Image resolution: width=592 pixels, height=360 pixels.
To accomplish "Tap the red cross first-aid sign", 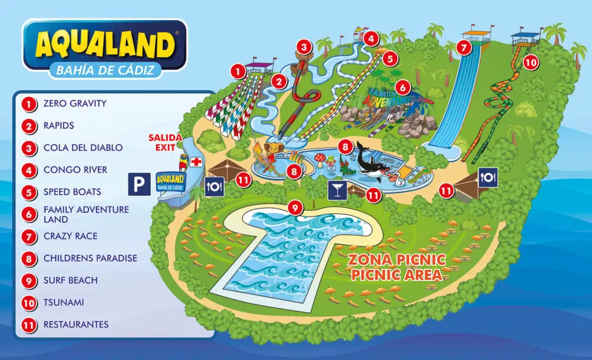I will [x=197, y=162].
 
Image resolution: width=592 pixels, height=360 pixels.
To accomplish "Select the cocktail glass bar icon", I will [x=336, y=191].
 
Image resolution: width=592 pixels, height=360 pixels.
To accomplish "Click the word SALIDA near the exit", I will [x=165, y=138].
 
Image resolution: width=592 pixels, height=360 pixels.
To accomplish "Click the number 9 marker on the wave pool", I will [x=295, y=207].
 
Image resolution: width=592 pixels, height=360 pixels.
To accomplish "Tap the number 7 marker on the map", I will [x=462, y=47].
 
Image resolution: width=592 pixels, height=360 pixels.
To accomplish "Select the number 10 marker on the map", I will [x=530, y=61].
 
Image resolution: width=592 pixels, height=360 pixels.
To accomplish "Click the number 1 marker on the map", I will [x=237, y=71].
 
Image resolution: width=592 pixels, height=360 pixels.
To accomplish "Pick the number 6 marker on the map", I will [x=403, y=88].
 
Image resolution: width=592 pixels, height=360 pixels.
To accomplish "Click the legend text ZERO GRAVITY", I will [x=75, y=104].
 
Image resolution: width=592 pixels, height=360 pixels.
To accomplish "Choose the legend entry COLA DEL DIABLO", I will [x=83, y=148].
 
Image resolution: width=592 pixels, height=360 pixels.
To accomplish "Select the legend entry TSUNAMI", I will [x=64, y=302].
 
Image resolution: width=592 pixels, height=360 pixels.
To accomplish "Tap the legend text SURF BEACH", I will [x=70, y=280].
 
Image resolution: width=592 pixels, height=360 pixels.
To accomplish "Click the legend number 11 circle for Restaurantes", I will [x=28, y=325].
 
